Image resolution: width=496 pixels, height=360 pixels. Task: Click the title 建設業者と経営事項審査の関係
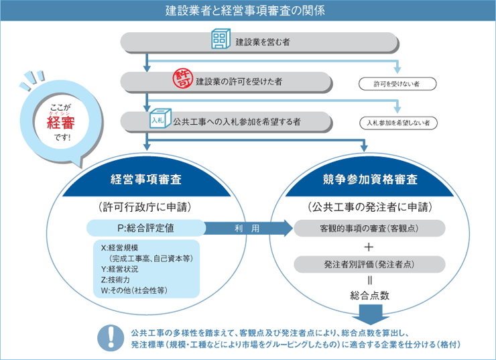coord(245,11)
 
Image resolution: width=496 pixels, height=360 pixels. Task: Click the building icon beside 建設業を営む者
coord(221,39)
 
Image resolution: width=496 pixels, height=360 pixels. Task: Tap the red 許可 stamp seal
coord(183,78)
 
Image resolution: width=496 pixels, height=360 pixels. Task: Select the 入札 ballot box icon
coord(160,119)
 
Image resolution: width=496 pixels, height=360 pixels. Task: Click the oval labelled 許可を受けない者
coord(397,84)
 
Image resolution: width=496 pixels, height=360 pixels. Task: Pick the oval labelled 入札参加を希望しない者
coord(398,123)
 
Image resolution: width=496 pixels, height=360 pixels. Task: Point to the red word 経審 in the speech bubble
coord(61,123)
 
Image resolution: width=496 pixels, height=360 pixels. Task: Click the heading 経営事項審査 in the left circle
coord(146,180)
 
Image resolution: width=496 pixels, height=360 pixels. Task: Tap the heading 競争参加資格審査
coord(370,180)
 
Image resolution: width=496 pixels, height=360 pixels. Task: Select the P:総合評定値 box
coord(146,228)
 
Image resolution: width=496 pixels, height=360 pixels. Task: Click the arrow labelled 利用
coord(248,228)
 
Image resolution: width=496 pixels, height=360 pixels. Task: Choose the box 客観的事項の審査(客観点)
coord(369,228)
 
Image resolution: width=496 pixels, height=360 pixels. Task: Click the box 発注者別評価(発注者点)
coord(369,264)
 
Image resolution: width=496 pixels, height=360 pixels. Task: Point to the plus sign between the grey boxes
coord(369,247)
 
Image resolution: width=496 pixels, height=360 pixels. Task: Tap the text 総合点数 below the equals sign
coord(369,296)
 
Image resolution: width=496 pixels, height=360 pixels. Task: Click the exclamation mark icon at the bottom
coord(111,338)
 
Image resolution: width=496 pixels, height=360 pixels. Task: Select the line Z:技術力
coord(115,280)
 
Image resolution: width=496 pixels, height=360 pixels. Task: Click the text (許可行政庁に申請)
coord(145,207)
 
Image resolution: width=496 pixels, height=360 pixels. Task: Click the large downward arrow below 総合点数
coord(370,314)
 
